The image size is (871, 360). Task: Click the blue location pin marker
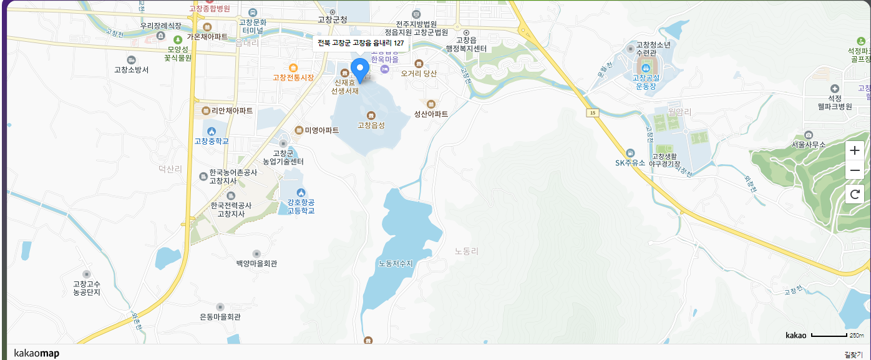(x=360, y=70)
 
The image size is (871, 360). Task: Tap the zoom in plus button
(x=855, y=150)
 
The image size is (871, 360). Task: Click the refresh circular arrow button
(x=855, y=194)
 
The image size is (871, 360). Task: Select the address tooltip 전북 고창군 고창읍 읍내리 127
(x=361, y=43)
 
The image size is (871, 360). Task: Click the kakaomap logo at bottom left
(x=36, y=354)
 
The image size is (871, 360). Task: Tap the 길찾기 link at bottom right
(x=853, y=354)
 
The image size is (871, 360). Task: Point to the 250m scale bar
(x=837, y=336)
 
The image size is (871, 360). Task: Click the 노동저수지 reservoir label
(x=396, y=263)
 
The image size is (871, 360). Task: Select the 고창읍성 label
(x=371, y=125)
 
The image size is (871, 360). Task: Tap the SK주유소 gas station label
(x=630, y=163)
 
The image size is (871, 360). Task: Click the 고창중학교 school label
(x=212, y=141)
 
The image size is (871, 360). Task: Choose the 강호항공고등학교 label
(x=301, y=207)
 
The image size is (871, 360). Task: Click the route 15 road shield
(x=591, y=112)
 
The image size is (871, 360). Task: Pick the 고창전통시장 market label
(x=293, y=77)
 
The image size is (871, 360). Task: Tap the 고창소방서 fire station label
(x=132, y=69)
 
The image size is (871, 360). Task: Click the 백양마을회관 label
(x=256, y=263)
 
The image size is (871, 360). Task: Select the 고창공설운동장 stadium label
(x=646, y=82)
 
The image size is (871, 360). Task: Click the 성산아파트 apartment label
(x=431, y=114)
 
